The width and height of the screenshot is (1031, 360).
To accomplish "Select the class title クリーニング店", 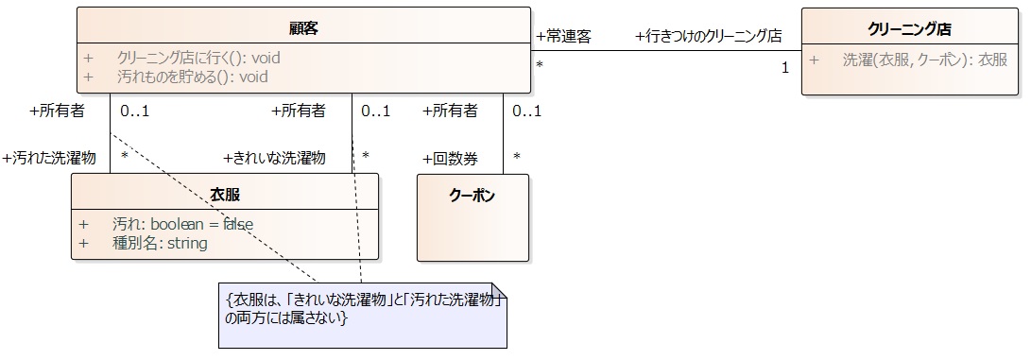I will click(910, 28).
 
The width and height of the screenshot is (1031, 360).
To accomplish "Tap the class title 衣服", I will click(225, 195).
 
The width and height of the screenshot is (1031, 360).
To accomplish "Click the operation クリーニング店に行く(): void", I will click(198, 58).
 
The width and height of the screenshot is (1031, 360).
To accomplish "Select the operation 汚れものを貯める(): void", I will click(193, 77).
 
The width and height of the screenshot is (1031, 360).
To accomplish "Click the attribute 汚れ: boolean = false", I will click(182, 224).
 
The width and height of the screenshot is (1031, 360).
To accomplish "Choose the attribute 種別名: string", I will click(160, 243).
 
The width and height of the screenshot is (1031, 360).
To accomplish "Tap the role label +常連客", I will click(563, 37).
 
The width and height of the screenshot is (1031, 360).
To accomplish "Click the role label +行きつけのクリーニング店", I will click(709, 37).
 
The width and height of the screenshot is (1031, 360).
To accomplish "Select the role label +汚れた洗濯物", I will click(49, 158).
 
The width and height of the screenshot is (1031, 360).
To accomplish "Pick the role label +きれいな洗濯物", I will click(274, 158).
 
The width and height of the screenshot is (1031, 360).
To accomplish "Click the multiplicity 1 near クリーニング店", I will click(785, 68).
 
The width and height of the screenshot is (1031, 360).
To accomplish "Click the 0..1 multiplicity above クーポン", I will click(526, 111).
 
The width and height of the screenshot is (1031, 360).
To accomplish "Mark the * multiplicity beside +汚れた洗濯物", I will click(125, 156).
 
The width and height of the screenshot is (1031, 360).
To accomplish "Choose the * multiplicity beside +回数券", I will click(517, 156).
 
